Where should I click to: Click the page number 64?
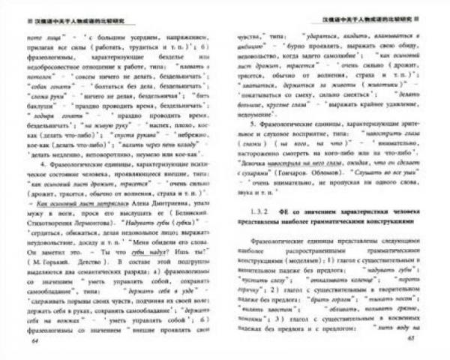pyautogui.click(x=36, y=340)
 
